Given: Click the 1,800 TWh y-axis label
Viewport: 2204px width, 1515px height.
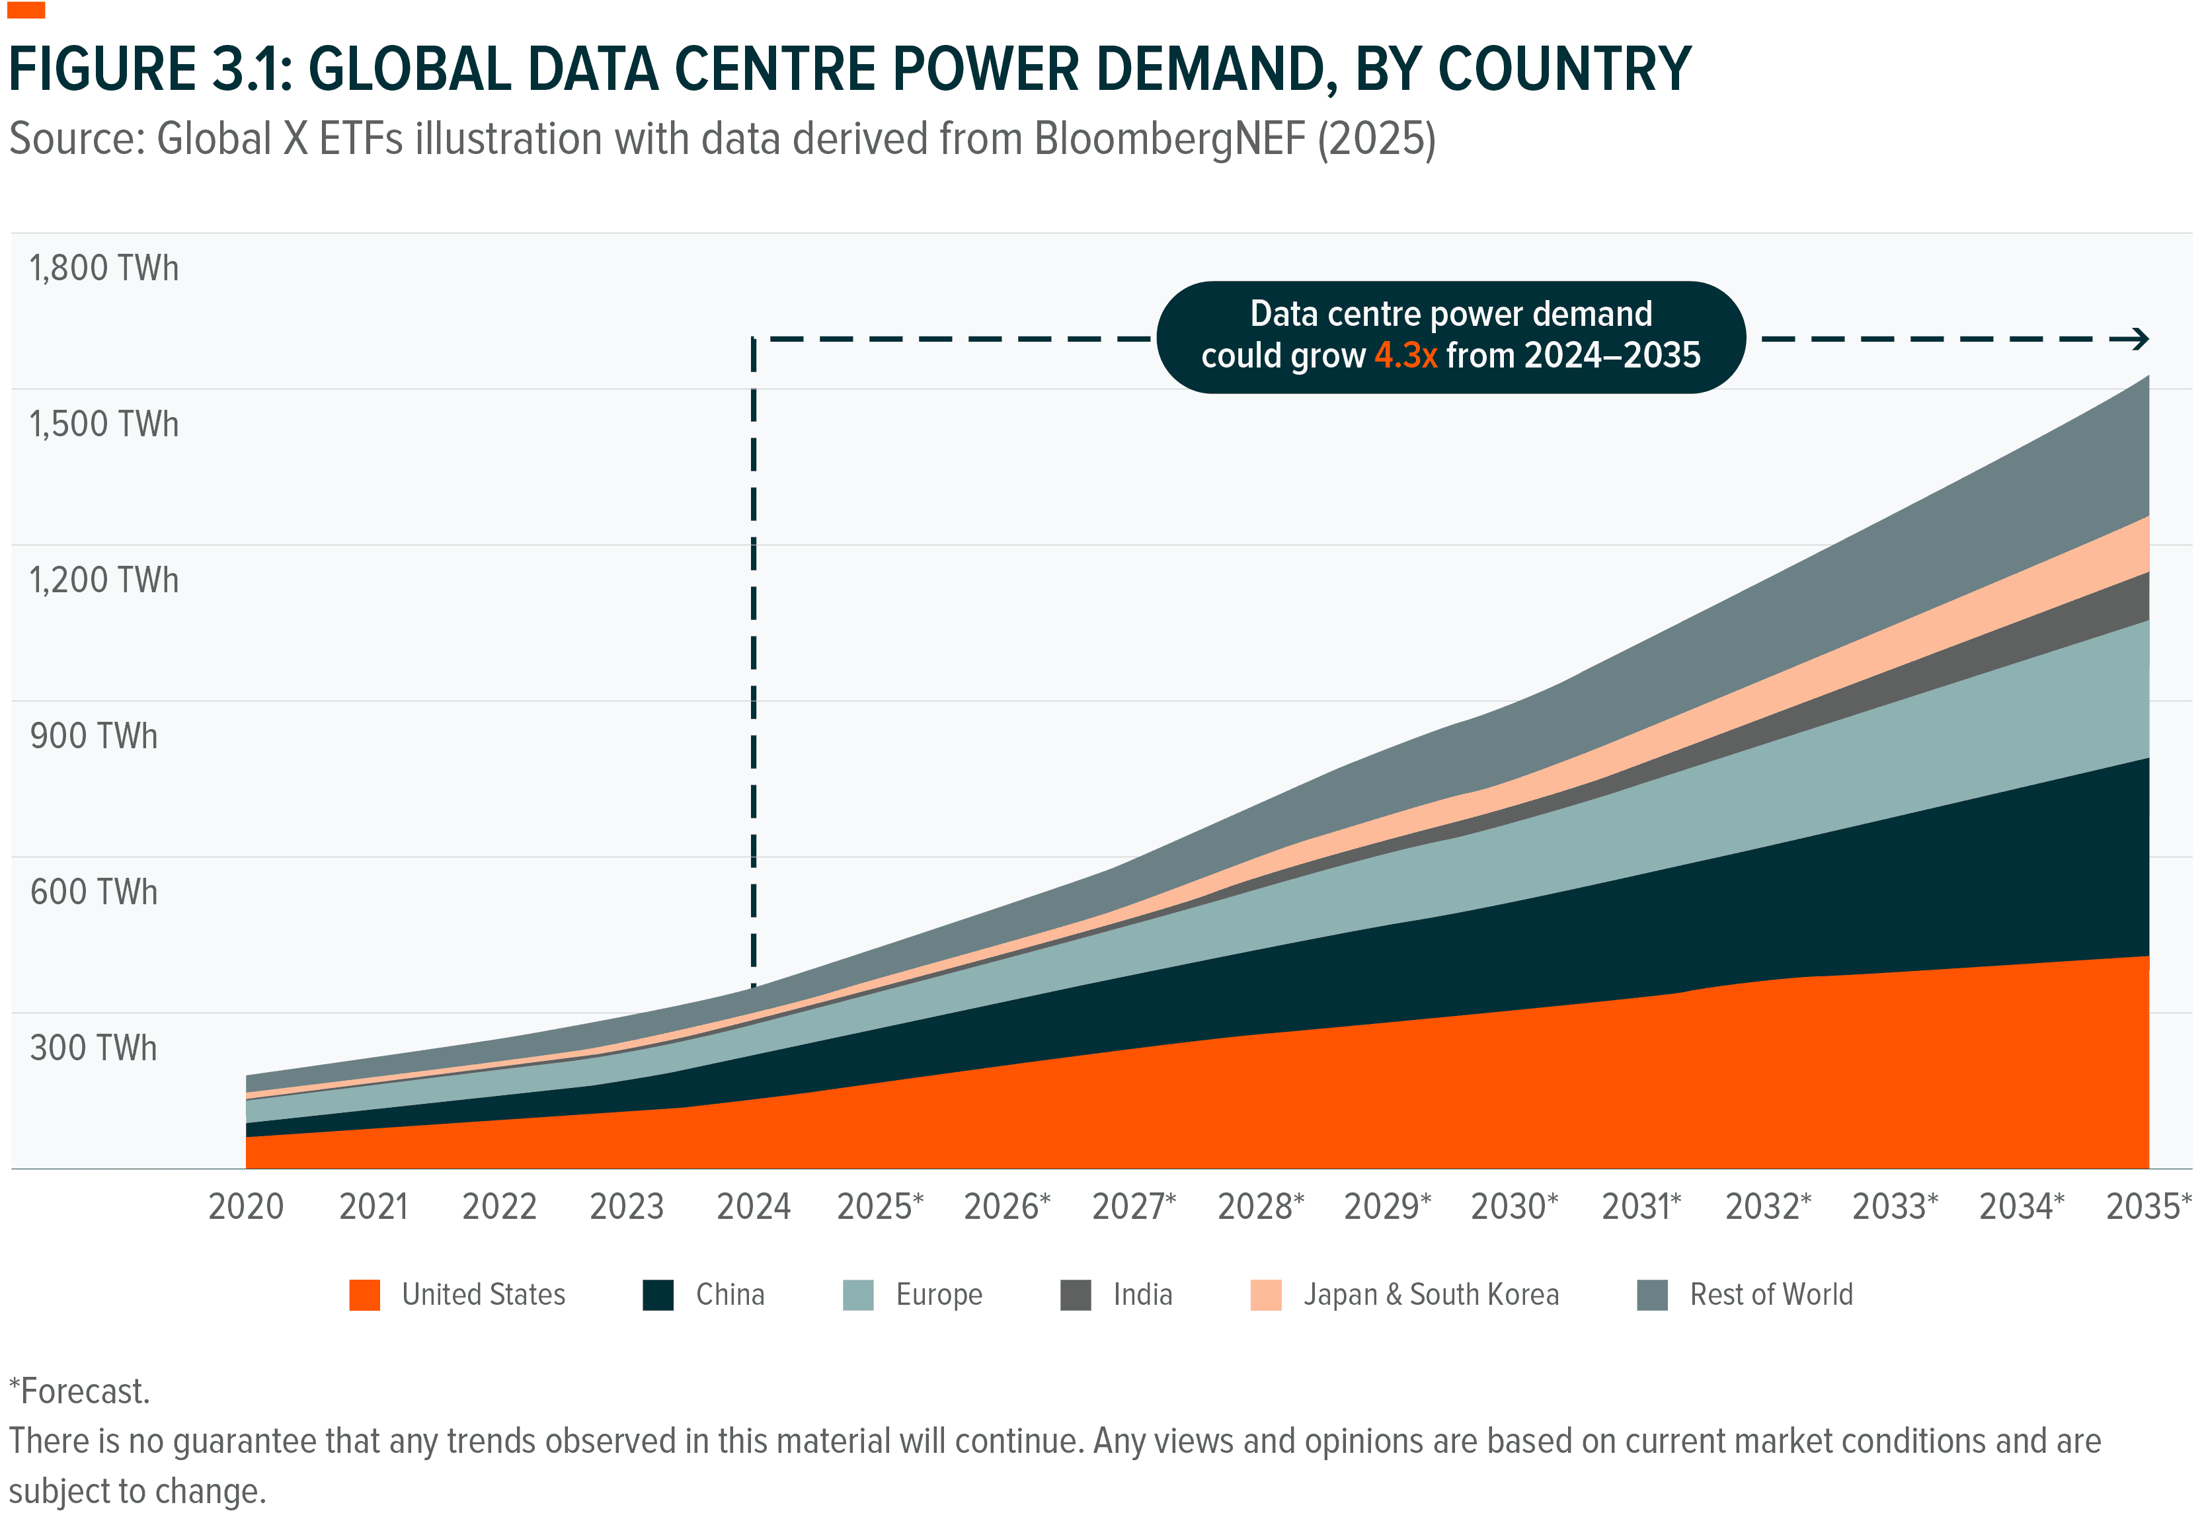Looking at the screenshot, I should coord(104,268).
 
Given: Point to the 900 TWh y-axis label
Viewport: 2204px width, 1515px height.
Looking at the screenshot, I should coord(93,736).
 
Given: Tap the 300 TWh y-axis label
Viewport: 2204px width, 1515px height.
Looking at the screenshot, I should coord(93,1048).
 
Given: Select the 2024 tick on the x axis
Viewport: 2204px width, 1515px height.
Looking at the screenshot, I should coord(754,1206).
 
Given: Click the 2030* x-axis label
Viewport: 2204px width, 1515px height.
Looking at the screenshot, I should coord(1514,1206).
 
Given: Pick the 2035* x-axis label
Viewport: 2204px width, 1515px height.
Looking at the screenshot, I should coord(2148,1206).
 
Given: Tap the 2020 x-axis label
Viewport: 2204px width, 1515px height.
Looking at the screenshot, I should coord(246,1206).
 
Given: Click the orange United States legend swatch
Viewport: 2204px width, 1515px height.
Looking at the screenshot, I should coord(364,1295).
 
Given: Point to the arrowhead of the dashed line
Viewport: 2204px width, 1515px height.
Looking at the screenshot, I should coord(2141,339).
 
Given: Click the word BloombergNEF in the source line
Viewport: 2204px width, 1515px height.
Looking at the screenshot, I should coord(1169,139).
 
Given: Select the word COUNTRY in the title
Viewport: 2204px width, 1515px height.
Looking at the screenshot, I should coord(1564,69).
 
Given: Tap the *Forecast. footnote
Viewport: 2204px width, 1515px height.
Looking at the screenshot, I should coord(80,1391).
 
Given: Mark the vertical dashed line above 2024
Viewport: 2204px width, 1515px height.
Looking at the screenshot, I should coord(754,664).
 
